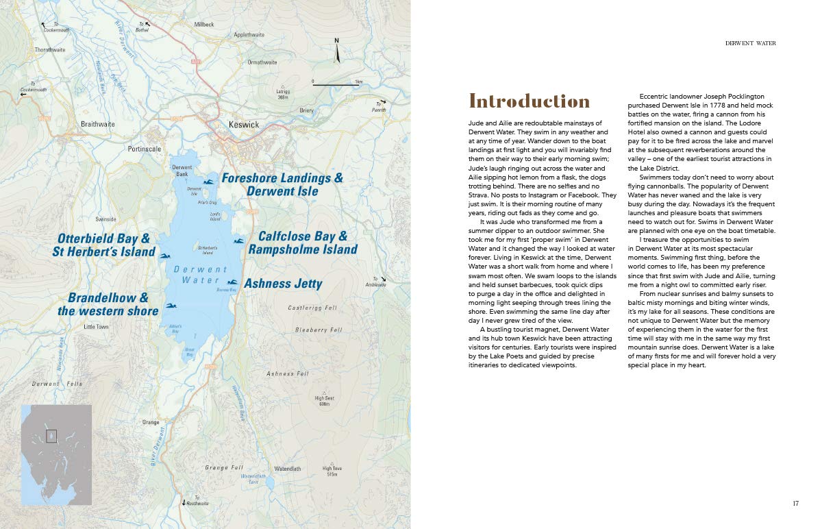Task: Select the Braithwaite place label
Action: tap(98, 124)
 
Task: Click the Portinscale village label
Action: tap(144, 148)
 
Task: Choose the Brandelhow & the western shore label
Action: tap(108, 304)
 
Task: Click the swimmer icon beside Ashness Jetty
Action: tap(232, 282)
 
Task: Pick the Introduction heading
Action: tap(529, 101)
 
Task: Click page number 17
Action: tap(795, 504)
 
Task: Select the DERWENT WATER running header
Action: tap(751, 43)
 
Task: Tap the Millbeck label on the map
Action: tap(204, 24)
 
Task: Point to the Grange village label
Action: tap(151, 422)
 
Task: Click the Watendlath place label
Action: tap(287, 469)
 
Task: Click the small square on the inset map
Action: tap(51, 435)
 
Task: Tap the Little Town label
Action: tap(96, 327)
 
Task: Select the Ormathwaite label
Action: tap(262, 62)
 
